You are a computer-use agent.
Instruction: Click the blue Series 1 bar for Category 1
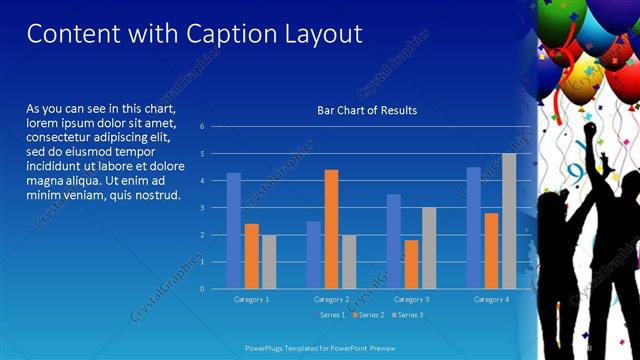coord(234,231)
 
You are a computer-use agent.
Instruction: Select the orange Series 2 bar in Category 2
coord(331,229)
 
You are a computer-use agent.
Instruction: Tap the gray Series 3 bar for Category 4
coord(509,221)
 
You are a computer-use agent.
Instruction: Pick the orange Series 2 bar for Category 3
coord(411,264)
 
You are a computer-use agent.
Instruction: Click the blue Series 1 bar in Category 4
coord(474,228)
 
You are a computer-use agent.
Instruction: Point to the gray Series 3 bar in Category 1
coord(269,262)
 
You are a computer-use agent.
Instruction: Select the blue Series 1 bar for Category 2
coord(314,255)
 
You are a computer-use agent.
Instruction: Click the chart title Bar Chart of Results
coord(367,110)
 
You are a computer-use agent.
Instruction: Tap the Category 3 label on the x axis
coord(411,299)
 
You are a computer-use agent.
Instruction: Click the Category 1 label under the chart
coord(251,299)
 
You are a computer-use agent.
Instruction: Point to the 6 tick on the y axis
coord(202,127)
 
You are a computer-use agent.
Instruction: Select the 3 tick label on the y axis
coord(202,208)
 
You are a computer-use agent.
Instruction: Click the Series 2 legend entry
coord(368,315)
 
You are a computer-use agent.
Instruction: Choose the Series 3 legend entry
coord(407,315)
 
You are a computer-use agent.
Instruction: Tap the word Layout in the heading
coord(320,34)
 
